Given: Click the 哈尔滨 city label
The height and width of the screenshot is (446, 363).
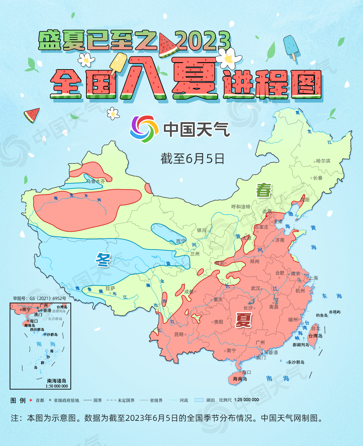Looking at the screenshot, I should tap(323, 161).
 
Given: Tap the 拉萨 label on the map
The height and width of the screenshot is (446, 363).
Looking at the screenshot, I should tap(110, 288).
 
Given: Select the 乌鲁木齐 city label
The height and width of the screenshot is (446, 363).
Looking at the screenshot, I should tap(95, 181).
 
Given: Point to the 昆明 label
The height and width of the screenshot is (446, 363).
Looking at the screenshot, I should tap(179, 334).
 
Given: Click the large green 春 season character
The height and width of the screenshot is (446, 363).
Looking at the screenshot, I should tap(264, 190).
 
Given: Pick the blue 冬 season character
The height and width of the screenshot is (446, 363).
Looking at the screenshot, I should tap(103, 260).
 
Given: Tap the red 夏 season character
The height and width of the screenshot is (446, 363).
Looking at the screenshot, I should tap(243, 320).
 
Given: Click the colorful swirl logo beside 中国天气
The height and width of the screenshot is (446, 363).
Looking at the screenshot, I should tap(144, 129).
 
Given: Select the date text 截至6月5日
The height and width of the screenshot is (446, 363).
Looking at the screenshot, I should tap(192, 159).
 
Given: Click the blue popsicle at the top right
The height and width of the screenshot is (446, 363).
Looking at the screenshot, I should tap(291, 47).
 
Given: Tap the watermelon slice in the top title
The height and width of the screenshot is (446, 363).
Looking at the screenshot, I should tap(168, 45).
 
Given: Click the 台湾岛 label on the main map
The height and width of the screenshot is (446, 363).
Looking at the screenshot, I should tap(315, 336).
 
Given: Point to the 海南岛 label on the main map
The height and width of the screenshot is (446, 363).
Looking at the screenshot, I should tap(240, 379).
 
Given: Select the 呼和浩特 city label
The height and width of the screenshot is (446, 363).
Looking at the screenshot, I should tap(241, 207).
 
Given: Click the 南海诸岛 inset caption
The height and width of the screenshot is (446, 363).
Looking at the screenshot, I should tap(56, 381).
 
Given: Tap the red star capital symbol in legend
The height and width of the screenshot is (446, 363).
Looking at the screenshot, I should tap(31, 400).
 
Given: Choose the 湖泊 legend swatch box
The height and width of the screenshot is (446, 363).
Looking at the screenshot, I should tap(199, 400).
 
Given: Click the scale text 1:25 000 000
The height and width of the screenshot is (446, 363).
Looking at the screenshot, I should tap(246, 400).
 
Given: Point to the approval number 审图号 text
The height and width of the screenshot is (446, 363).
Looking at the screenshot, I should tap(39, 298).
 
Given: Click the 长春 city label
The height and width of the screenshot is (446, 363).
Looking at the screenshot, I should tap(318, 178).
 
